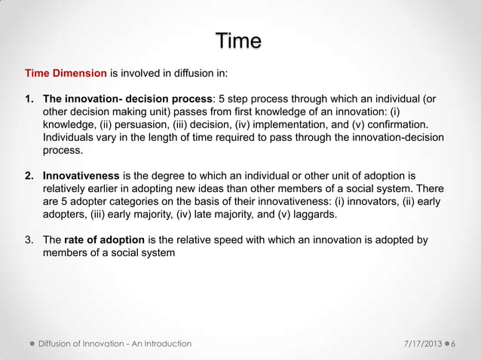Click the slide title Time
tap(238, 41)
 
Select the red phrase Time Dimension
tap(66, 74)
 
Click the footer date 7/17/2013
tap(422, 343)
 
